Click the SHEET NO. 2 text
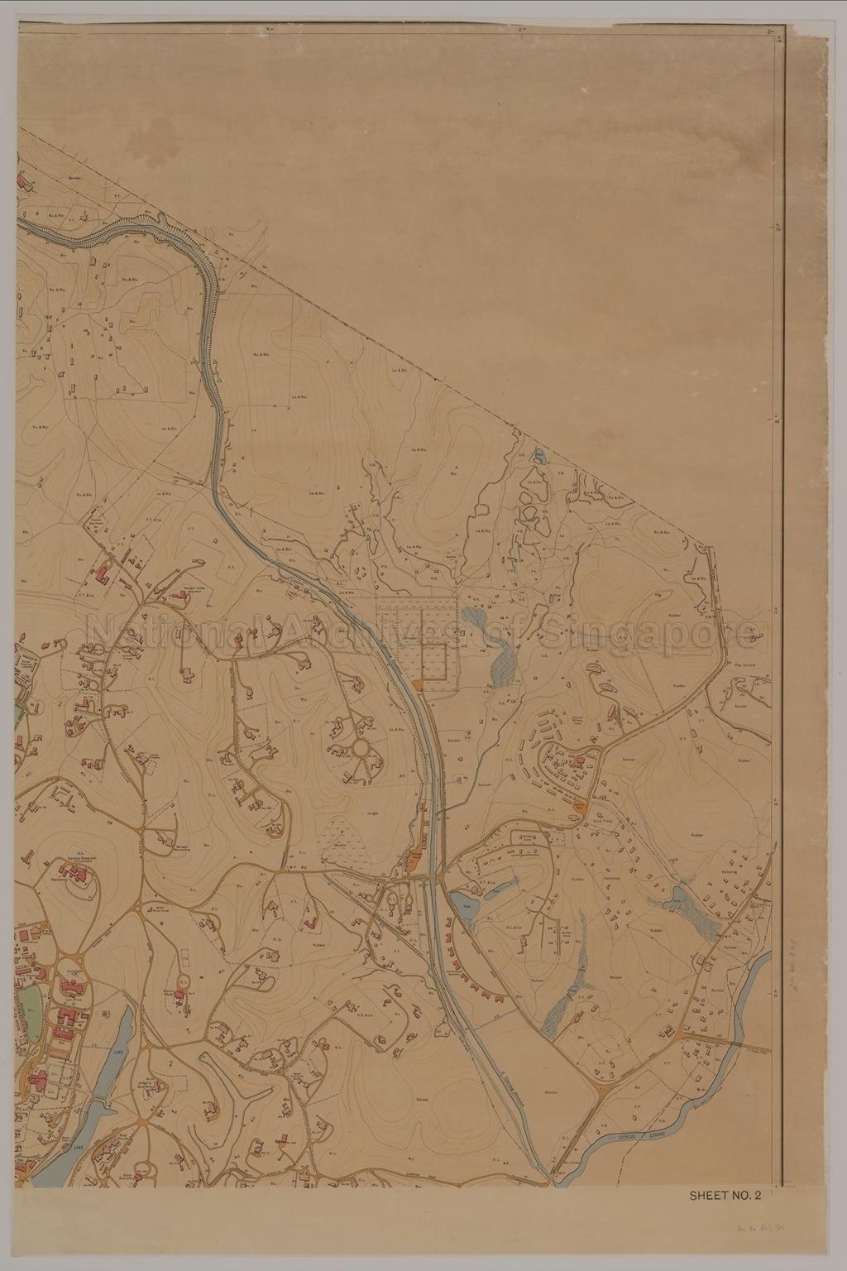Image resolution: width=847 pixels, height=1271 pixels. [x=725, y=1194]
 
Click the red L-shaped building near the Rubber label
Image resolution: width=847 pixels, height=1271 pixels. [x=312, y=920]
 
